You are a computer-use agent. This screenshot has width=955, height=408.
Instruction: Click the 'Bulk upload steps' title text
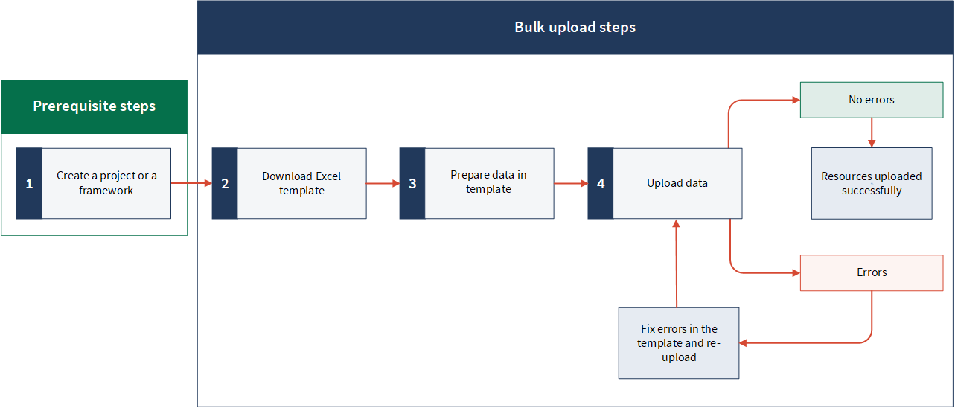[x=575, y=28]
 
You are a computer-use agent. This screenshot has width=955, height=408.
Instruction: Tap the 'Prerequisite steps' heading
[x=95, y=106]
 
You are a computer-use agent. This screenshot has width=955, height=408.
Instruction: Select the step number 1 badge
[x=30, y=184]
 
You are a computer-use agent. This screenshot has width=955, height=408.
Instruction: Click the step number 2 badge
[x=225, y=184]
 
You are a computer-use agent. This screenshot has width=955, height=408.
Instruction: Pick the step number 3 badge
[x=412, y=184]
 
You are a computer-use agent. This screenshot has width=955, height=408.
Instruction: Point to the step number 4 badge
[x=601, y=184]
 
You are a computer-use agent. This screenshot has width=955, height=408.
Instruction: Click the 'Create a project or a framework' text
[x=106, y=183]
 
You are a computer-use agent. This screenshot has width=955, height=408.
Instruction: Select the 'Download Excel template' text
[x=301, y=183]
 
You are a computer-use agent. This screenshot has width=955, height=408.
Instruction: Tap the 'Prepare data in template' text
[x=488, y=182]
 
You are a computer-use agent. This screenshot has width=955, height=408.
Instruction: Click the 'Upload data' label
[x=677, y=183]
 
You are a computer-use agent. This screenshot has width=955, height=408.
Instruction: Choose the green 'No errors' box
[x=872, y=101]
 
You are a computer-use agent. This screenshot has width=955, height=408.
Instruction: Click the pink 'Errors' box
[x=872, y=272]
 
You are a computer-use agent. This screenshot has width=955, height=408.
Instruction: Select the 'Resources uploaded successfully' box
[x=872, y=184]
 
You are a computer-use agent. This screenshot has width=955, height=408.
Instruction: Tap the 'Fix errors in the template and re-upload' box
[x=679, y=343]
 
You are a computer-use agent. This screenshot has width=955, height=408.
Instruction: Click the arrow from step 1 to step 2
[x=191, y=183]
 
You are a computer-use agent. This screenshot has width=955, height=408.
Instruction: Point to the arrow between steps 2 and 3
[x=383, y=184]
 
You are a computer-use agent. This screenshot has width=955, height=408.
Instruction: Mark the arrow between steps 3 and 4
[x=571, y=184]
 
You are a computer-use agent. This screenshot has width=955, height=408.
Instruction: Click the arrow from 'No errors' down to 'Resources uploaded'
[x=872, y=133]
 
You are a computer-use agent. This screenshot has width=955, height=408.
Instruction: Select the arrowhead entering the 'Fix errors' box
[x=743, y=343]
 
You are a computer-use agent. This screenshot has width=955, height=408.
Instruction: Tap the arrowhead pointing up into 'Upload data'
[x=676, y=223]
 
